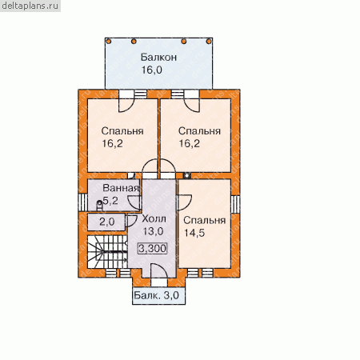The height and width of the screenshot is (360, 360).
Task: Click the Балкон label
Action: pos(158,57)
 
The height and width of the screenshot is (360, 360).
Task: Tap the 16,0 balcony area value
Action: pos(152,70)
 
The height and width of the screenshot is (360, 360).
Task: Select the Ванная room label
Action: pos(121,188)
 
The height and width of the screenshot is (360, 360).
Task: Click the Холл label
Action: pos(154,218)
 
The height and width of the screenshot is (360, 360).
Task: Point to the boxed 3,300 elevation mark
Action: pos(153,249)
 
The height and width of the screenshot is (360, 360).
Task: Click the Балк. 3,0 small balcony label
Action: pos(156,295)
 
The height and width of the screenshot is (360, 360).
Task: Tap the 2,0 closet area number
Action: pos(107,222)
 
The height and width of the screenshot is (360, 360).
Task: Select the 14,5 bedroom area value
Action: pos(194,233)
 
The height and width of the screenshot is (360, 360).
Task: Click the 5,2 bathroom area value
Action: pos(110,201)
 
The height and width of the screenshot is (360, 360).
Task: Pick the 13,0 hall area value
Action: pos(153,231)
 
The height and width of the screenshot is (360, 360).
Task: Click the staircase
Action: pos(107,251)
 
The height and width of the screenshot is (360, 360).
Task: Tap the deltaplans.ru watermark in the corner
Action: pos(30,6)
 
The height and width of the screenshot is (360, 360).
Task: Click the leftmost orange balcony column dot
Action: pos(108,42)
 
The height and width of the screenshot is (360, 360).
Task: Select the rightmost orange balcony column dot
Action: pos(209,42)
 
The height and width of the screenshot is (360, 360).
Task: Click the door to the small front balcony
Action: pos(159,271)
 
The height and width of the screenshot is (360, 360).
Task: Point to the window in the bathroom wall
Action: pos(82,202)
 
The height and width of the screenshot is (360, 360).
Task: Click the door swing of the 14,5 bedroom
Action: pos(185,202)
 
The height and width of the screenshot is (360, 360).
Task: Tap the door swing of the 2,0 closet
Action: pos(132,221)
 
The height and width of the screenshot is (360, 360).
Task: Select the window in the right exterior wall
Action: pos(235,204)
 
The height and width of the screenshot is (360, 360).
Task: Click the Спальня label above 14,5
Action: pos(205,221)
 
